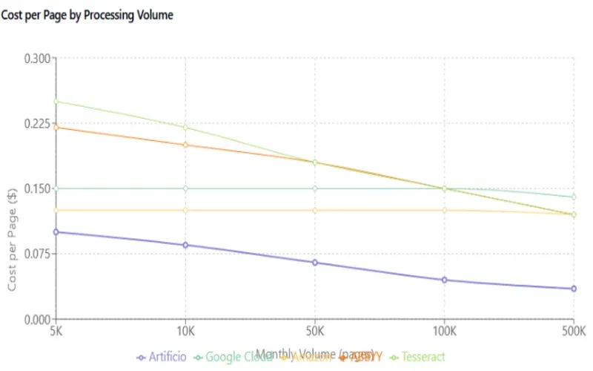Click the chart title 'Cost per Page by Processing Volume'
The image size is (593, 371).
coord(87,15)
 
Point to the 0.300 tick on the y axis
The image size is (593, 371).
coord(38,59)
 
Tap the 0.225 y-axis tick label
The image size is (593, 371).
coord(38,123)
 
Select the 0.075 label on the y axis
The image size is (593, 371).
coord(38,254)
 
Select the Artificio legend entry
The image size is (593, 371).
coord(162,357)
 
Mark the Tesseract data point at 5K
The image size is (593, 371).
coord(56,102)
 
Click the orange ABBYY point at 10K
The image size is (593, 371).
coord(185,145)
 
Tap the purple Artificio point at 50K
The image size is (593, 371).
coord(315,263)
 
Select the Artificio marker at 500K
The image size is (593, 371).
coord(574,289)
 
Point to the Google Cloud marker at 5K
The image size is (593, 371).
coord(56,188)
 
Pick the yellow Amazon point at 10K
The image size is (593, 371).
coord(185,210)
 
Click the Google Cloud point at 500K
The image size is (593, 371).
coord(574,197)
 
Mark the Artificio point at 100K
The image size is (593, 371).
coord(444,280)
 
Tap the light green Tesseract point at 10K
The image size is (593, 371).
coord(185,128)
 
